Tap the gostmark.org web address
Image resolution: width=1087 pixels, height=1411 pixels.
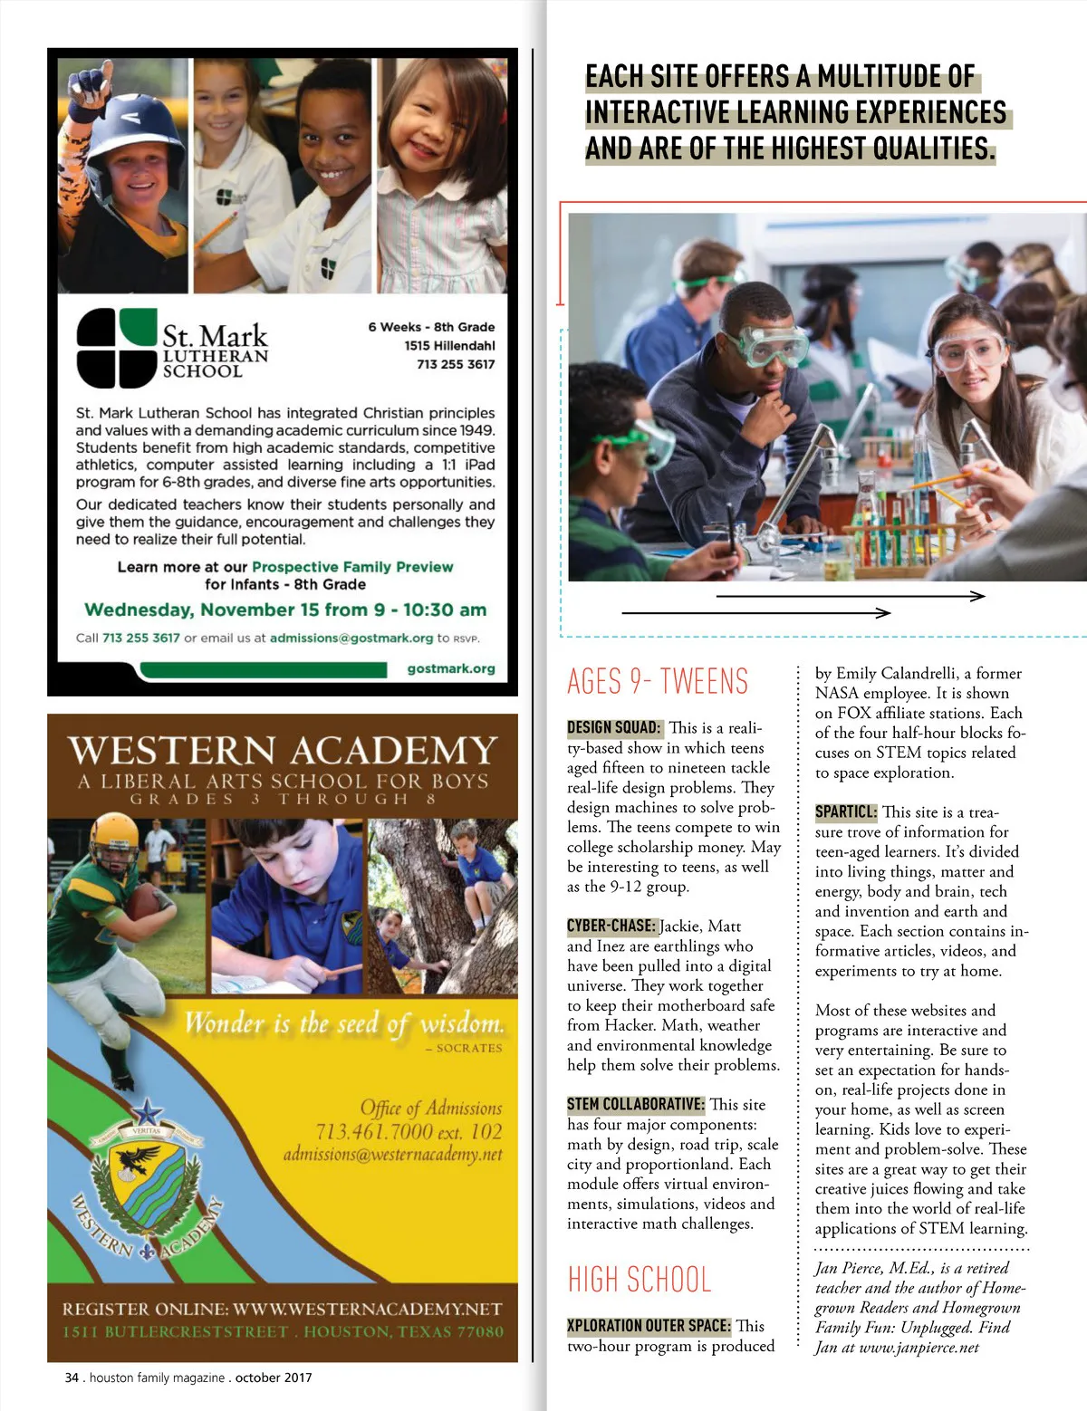point(451,669)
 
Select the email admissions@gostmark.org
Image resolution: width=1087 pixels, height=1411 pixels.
point(351,638)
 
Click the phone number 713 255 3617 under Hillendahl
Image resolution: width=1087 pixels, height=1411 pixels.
point(456,364)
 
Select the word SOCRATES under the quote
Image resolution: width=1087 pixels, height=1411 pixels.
point(468,1048)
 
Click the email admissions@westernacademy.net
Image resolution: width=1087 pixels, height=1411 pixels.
point(392,1155)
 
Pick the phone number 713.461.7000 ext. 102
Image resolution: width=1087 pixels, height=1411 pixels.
point(409,1131)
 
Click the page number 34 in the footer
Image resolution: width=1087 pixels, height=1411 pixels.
point(72,1377)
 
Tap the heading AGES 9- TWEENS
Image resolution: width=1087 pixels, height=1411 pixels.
point(658,682)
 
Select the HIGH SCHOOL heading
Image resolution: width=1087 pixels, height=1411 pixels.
point(640,1280)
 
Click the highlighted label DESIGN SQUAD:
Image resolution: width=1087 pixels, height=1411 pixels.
point(614,727)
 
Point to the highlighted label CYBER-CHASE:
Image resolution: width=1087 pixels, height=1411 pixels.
point(611,926)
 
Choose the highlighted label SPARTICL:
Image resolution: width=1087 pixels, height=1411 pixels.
point(846,812)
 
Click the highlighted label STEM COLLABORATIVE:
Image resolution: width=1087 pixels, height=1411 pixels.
point(635,1104)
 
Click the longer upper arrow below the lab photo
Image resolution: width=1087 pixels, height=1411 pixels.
point(850,596)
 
